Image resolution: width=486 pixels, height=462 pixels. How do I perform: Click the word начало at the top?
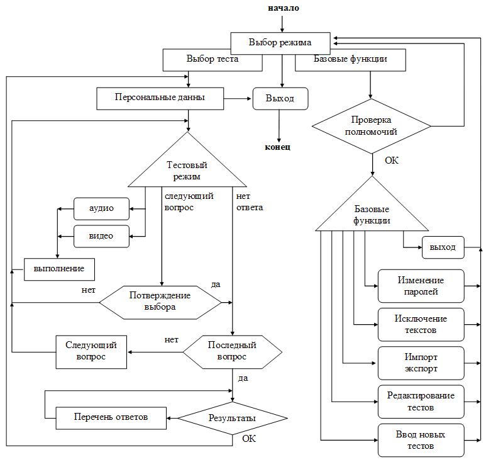click(x=283, y=8)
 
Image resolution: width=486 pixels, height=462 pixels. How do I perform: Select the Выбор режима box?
click(x=280, y=43)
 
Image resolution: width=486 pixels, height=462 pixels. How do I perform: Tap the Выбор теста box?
click(x=213, y=60)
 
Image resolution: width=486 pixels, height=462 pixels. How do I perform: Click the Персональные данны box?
click(x=160, y=98)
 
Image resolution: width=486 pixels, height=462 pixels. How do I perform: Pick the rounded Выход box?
click(x=280, y=99)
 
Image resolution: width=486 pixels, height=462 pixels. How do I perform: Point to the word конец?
click(x=278, y=147)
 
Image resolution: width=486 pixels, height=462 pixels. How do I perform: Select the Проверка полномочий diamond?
click(x=372, y=126)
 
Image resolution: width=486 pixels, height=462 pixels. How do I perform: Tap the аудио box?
click(x=101, y=207)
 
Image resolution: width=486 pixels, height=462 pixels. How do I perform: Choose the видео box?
click(x=101, y=236)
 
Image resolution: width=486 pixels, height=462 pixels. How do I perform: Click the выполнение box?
click(x=59, y=269)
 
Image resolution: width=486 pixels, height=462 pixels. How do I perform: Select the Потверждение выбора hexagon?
click(x=160, y=301)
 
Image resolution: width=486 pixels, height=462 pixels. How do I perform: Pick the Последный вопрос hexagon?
click(x=232, y=351)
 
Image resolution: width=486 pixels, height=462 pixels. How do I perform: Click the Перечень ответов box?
click(x=111, y=417)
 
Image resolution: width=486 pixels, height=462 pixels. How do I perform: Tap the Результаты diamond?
click(x=232, y=418)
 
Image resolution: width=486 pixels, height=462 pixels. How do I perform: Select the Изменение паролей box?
click(x=421, y=286)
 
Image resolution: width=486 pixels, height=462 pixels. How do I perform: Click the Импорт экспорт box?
click(x=421, y=363)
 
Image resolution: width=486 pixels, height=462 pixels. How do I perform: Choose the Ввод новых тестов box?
click(x=421, y=440)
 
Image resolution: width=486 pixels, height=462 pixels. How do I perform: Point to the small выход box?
click(x=443, y=247)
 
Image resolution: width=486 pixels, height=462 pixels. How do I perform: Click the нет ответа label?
click(x=250, y=201)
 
